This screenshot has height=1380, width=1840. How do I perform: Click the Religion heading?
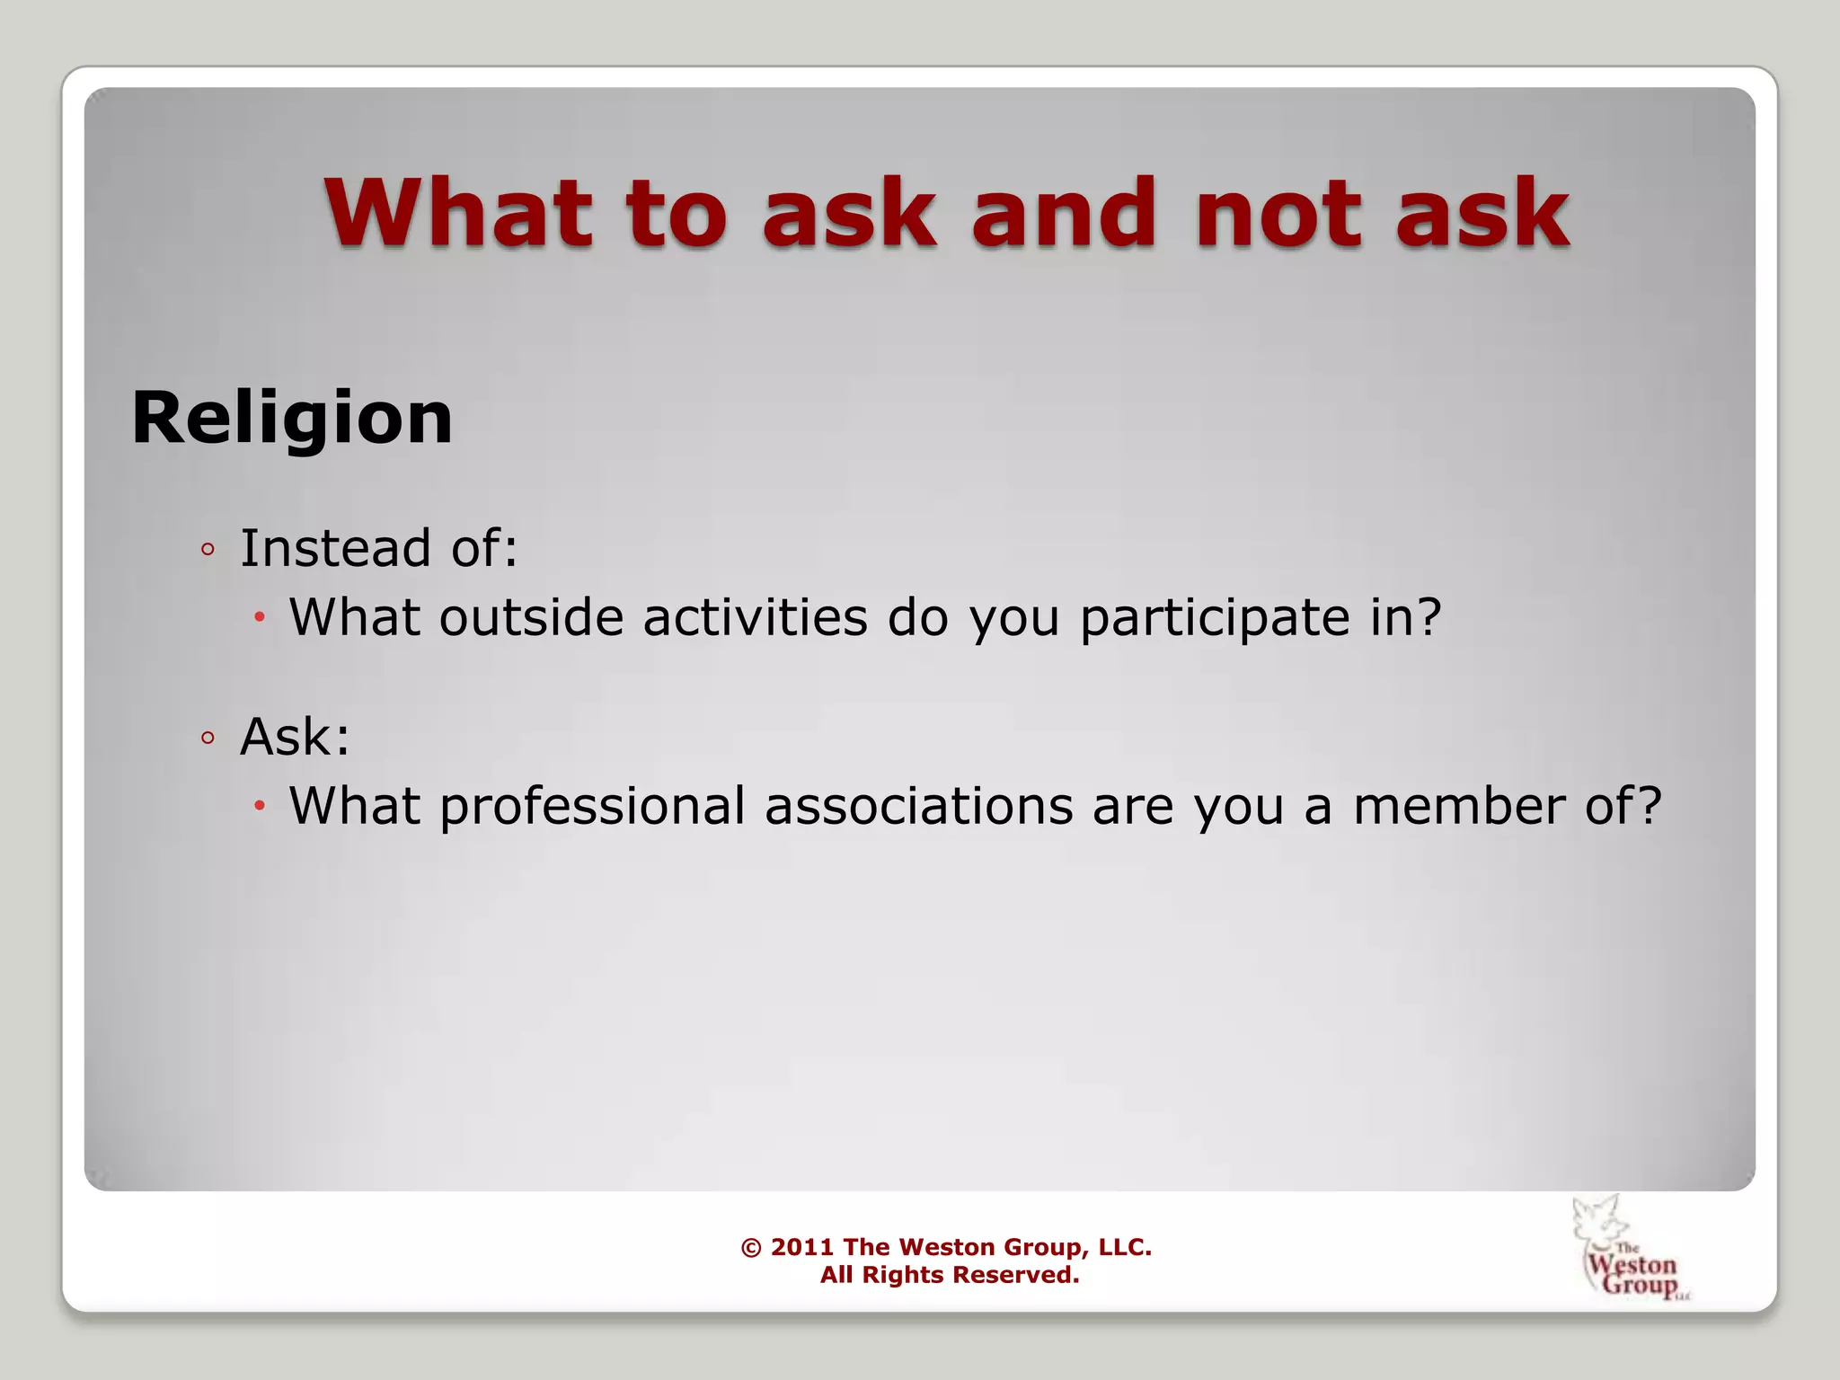tap(292, 418)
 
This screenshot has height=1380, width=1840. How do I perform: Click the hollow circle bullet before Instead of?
tap(208, 550)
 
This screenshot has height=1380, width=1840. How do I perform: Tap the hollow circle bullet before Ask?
tap(208, 739)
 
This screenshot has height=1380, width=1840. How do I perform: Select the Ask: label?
tap(295, 737)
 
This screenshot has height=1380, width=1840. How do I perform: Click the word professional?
tap(592, 806)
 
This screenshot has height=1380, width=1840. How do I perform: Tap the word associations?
tap(918, 806)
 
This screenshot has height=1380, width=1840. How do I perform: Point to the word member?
tap(1459, 806)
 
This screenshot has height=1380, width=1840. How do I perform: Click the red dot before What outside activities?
tap(260, 618)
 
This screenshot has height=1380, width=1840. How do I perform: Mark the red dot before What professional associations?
tap(260, 806)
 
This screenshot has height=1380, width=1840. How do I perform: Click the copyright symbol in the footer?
tap(751, 1247)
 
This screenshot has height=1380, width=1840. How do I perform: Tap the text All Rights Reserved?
tap(949, 1275)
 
